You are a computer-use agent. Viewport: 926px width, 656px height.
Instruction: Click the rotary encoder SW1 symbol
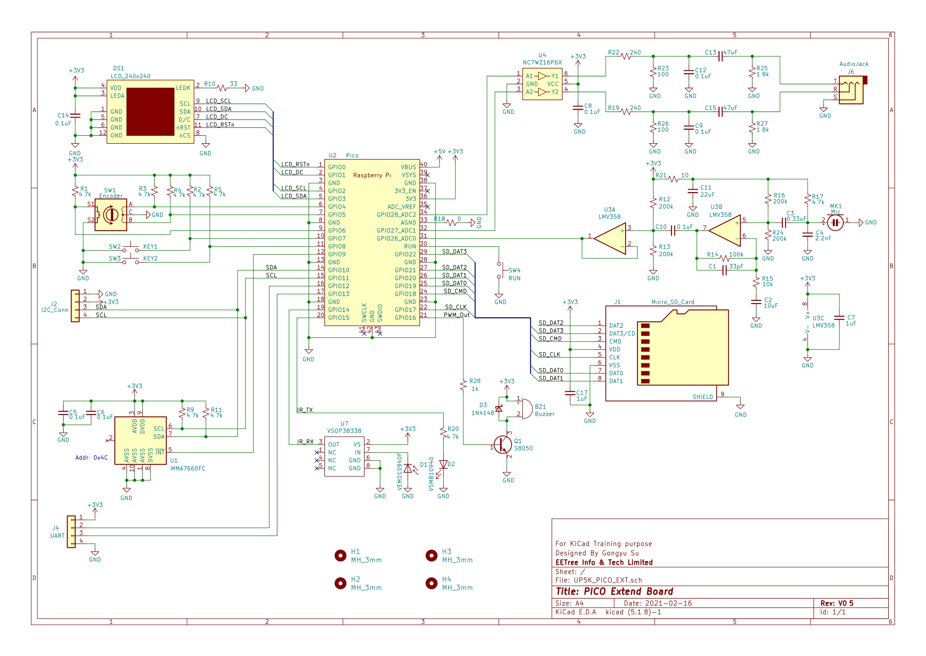point(111,215)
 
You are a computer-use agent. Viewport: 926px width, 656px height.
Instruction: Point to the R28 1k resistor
point(463,385)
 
